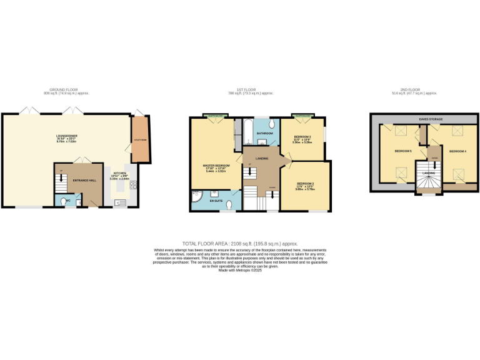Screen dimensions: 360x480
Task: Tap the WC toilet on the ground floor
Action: (66, 201)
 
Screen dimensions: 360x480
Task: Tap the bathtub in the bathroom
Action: (247, 131)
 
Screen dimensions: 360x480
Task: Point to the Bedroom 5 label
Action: (402, 151)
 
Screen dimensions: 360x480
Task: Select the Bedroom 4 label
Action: (457, 151)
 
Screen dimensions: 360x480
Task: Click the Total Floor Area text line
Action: (240, 243)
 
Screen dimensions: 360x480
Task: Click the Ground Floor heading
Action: (66, 90)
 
